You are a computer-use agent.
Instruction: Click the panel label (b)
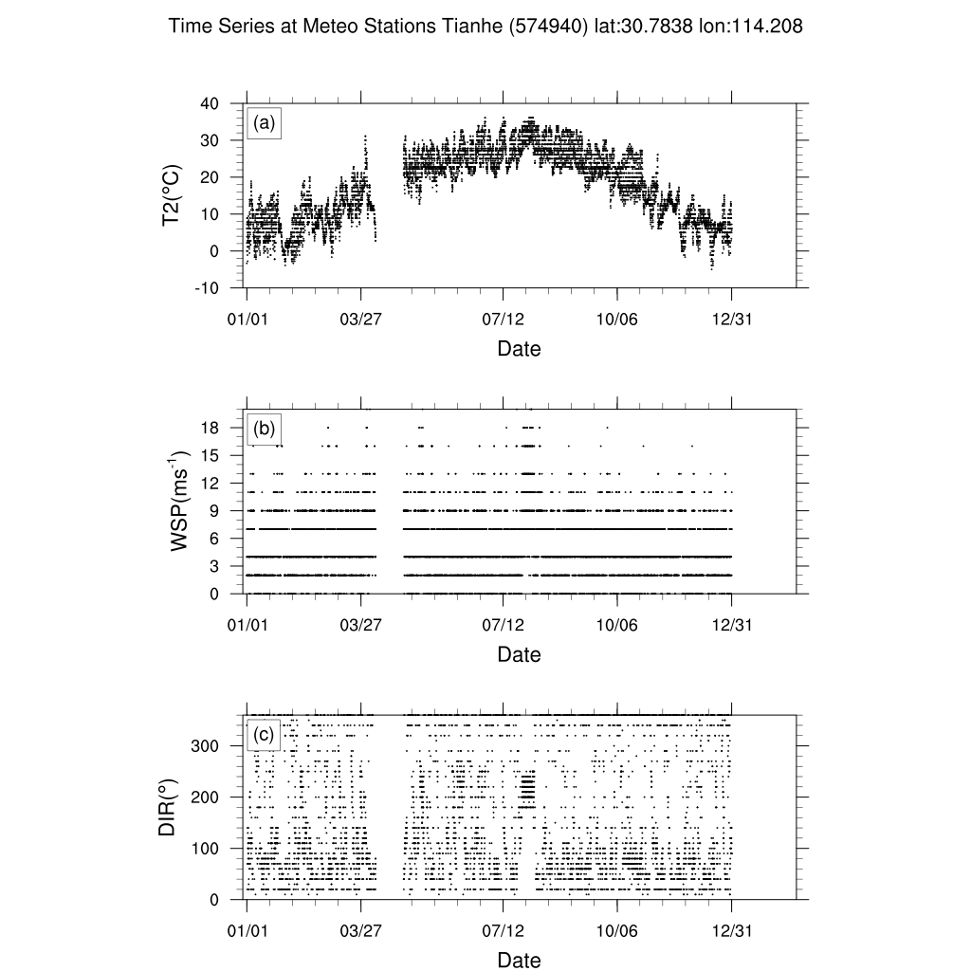pos(264,429)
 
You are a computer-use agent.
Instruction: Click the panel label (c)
pos(264,733)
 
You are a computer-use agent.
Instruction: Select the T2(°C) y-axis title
pos(172,195)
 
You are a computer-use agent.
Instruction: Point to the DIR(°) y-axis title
pos(168,807)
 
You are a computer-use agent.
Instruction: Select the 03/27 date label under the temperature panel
pos(360,320)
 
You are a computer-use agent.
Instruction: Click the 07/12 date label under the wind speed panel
pos(504,626)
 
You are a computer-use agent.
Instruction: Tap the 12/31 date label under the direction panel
pos(732,931)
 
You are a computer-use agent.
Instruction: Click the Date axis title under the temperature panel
pos(519,349)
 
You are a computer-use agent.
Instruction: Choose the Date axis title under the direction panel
pos(519,960)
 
